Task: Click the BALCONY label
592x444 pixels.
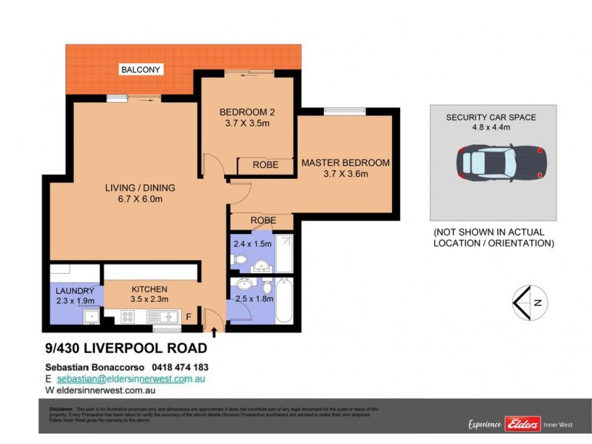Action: pyautogui.click(x=141, y=70)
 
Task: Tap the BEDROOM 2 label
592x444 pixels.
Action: pyautogui.click(x=247, y=112)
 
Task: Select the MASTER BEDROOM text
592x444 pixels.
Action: pyautogui.click(x=345, y=162)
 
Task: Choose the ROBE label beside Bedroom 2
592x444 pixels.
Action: pyautogui.click(x=265, y=165)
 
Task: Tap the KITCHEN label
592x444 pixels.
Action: pyautogui.click(x=149, y=289)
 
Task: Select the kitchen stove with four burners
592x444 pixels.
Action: pyautogui.click(x=126, y=317)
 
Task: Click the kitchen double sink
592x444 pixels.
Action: pyautogui.click(x=164, y=317)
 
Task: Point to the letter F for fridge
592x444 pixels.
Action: pyautogui.click(x=188, y=317)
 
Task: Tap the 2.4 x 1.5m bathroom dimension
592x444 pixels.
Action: pyautogui.click(x=252, y=243)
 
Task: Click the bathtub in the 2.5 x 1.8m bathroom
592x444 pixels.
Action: pyautogui.click(x=285, y=300)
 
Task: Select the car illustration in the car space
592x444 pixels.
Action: pyautogui.click(x=502, y=162)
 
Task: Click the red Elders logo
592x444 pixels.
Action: pyautogui.click(x=522, y=423)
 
